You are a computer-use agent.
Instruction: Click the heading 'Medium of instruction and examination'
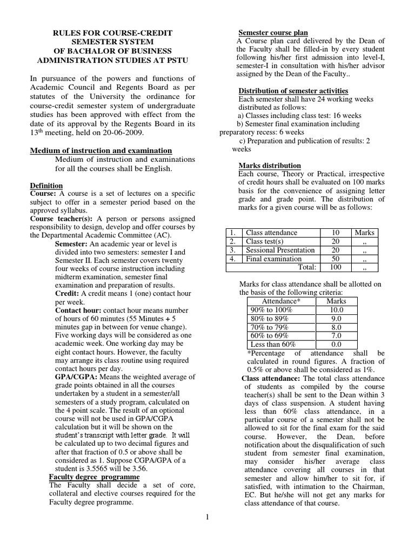click(101, 150)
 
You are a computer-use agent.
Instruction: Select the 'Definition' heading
click(46, 186)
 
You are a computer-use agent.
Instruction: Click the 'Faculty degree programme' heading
click(94, 477)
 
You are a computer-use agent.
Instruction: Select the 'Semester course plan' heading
click(273, 33)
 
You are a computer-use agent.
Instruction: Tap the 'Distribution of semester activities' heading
click(293, 90)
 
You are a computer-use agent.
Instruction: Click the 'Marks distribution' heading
click(270, 166)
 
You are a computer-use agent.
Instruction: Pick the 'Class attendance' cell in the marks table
click(271, 233)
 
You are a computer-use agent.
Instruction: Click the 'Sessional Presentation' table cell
click(280, 250)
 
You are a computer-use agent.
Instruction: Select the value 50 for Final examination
click(335, 259)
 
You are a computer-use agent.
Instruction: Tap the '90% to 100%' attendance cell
click(271, 309)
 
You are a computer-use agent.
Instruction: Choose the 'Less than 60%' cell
click(273, 344)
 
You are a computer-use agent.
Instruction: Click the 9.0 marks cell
click(337, 318)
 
